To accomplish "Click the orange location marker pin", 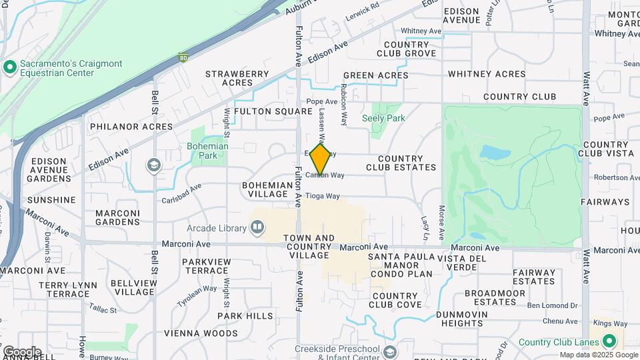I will point(321,159).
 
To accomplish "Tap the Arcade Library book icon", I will point(257,229).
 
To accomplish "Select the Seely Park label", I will point(383,118).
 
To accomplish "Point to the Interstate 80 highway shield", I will point(183,58).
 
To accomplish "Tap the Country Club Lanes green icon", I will point(609,342).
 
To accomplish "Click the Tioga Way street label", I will point(323,197).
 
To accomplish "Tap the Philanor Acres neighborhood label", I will point(131,126).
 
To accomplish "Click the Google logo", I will point(21,351).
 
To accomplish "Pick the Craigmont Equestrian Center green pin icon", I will point(9,67).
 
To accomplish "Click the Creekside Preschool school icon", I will point(389,351).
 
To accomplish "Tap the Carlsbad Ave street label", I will point(181,194).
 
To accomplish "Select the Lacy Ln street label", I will point(425,227).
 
